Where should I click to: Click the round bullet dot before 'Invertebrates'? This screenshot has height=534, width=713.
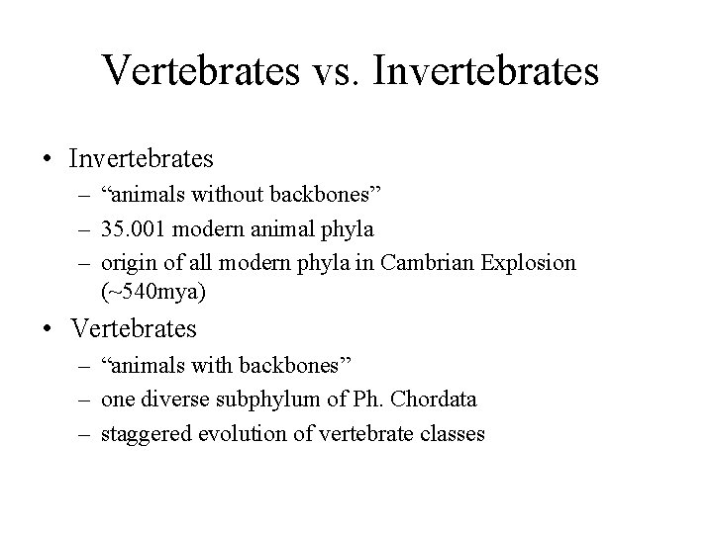click(x=48, y=157)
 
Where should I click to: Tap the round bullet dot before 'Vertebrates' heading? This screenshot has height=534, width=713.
click(x=48, y=327)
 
